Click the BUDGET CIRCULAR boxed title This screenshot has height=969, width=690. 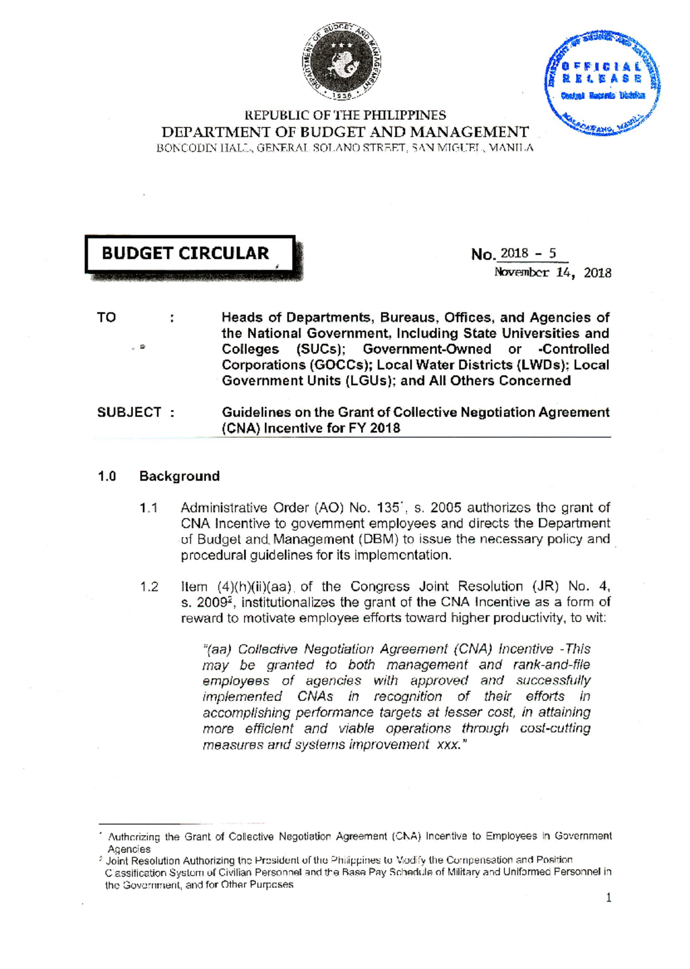coord(186,254)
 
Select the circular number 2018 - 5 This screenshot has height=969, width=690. coord(528,254)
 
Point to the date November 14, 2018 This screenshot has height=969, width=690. coord(553,273)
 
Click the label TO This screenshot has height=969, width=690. coord(106,317)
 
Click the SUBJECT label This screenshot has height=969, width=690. coord(129,412)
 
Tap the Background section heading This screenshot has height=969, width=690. coord(179,476)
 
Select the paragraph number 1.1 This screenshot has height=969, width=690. coord(148,508)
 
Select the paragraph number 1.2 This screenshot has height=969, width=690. coord(148,587)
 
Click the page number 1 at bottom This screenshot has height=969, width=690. coord(608,898)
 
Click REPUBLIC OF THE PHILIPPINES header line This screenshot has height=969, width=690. coord(346,116)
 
